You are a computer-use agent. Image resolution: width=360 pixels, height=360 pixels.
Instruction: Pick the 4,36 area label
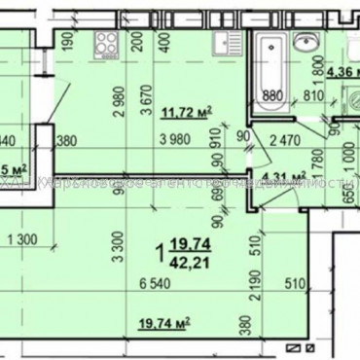pos(342,70)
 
